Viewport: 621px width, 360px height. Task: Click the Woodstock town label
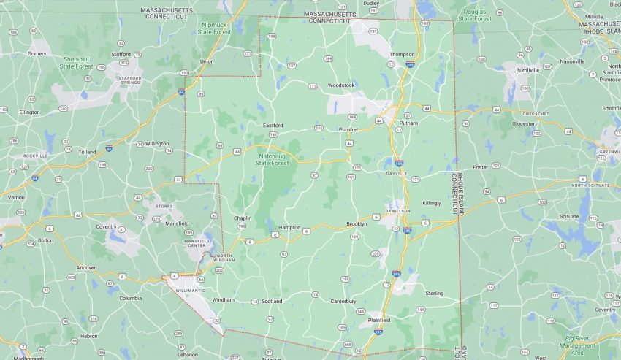click(x=341, y=85)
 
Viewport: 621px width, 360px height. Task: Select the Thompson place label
click(x=402, y=54)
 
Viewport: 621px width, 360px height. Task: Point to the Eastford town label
click(x=273, y=125)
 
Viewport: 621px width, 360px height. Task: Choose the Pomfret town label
click(x=348, y=129)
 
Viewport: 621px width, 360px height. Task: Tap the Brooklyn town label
click(x=357, y=223)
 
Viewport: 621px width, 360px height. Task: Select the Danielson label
click(x=397, y=210)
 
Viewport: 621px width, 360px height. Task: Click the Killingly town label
click(x=431, y=203)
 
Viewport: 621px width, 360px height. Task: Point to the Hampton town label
click(x=289, y=227)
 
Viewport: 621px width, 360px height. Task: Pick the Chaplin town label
click(x=243, y=218)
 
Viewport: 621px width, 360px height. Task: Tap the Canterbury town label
click(x=343, y=300)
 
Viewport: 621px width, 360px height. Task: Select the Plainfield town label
click(x=378, y=320)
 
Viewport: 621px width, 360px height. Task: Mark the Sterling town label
click(x=434, y=293)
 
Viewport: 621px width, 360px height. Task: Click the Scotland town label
click(x=272, y=300)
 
